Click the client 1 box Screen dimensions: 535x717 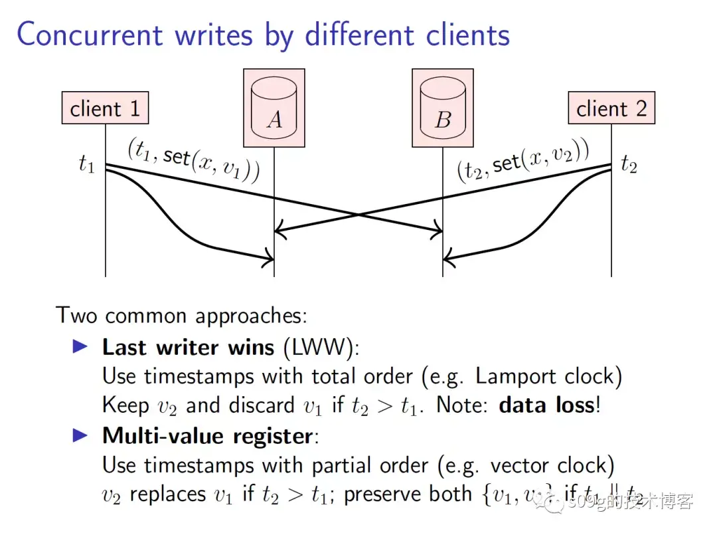click(105, 108)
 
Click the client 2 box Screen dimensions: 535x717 click(611, 108)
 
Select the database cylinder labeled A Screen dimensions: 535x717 click(274, 109)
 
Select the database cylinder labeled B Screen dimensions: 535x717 click(443, 109)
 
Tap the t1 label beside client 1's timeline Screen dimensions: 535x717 click(87, 164)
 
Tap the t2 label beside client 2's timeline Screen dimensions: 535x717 click(629, 164)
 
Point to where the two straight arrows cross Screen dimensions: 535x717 click(358, 215)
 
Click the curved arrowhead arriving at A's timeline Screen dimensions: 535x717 click(270, 257)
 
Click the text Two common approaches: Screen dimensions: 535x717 click(181, 314)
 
